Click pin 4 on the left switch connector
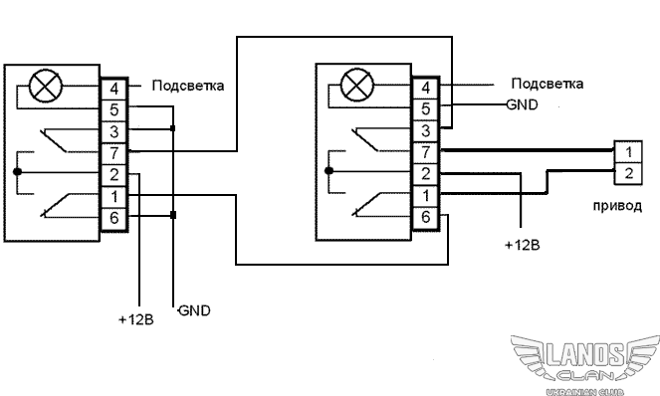114,90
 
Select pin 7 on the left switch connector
114,153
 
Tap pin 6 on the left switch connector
114,219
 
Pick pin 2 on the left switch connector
114,175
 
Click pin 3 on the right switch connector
425,131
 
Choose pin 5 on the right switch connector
425,109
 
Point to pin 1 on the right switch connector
425,196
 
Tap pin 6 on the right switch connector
425,217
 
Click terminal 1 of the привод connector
628,152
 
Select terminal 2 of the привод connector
628,173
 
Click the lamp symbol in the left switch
46,86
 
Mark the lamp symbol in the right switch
357,85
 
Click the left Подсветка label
188,86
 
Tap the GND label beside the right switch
522,104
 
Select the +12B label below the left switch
136,319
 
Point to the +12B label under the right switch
522,245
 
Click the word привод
617,206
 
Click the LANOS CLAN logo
585,364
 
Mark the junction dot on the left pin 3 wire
172,128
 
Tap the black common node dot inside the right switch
330,171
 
